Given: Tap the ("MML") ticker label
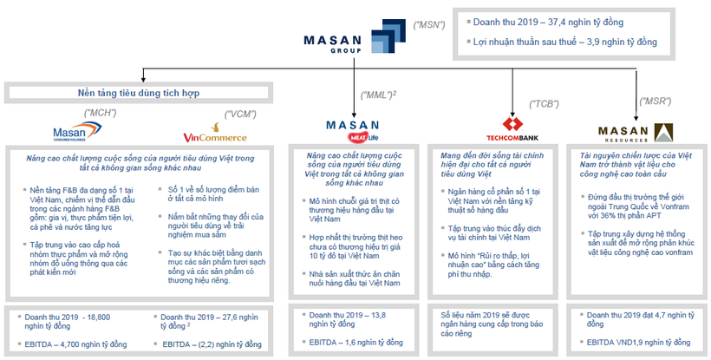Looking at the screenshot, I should click(x=380, y=95).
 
